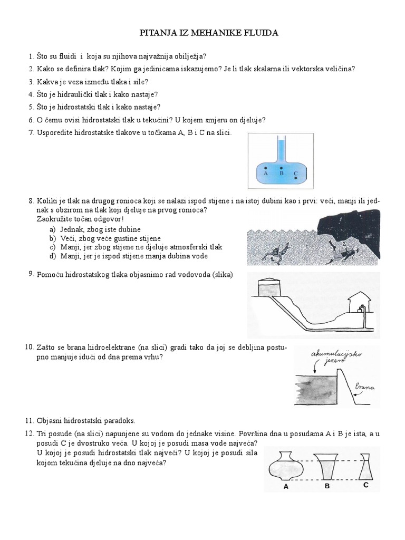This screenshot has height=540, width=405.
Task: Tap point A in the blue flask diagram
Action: point(266,168)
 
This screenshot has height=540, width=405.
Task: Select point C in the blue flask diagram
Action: point(296,178)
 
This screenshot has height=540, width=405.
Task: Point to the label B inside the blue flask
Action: point(282,173)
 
